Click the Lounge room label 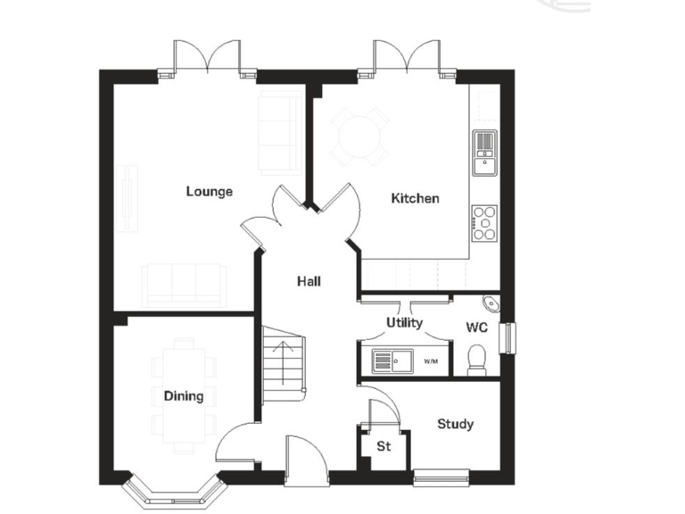(209, 191)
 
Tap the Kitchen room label (416, 198)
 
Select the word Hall (309, 281)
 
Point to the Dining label (183, 396)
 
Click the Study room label (455, 424)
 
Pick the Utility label (404, 323)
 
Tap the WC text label (476, 327)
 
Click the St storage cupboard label (384, 446)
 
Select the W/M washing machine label (431, 361)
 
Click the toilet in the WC (477, 360)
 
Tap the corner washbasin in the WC (491, 303)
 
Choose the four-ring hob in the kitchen (484, 223)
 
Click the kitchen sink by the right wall (483, 149)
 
